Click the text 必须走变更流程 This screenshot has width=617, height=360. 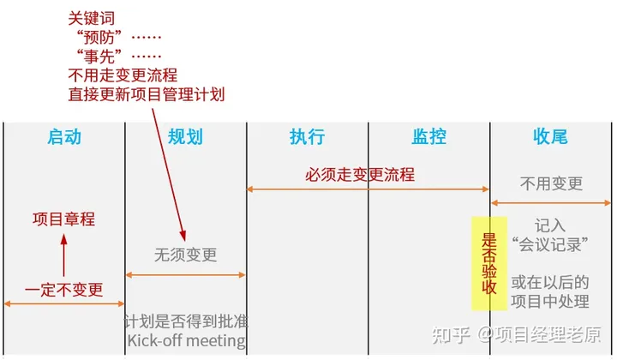click(360, 175)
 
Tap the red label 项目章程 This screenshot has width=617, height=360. click(63, 219)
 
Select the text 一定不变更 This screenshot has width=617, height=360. click(63, 289)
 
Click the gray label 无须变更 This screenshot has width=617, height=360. click(185, 255)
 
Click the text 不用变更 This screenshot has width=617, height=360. click(551, 183)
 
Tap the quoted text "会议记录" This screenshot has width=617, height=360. click(551, 244)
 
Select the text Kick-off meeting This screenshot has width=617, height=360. click(185, 341)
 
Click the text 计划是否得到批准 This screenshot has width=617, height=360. click(185, 321)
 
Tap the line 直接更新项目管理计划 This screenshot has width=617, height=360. click(146, 93)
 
